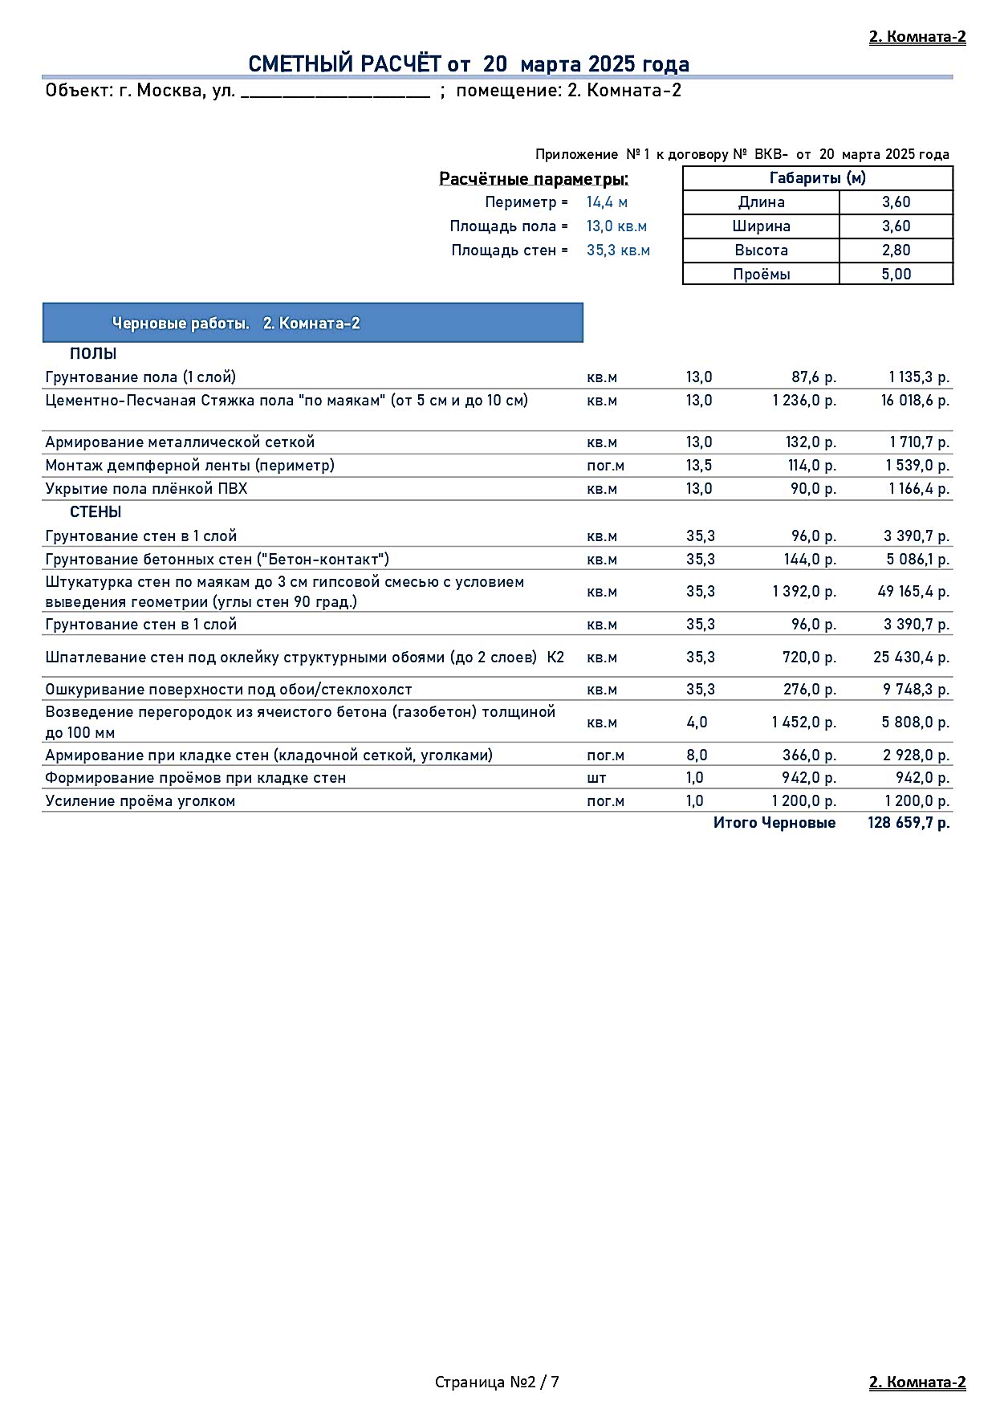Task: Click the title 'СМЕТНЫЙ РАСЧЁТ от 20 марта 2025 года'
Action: (469, 64)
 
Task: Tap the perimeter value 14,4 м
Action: (607, 202)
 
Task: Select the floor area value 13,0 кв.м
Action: (616, 226)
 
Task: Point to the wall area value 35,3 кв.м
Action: (618, 250)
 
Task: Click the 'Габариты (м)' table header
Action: (817, 178)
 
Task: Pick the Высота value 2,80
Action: (896, 250)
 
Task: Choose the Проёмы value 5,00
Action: (896, 275)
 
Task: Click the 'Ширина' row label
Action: (761, 226)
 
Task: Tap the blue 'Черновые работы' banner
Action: (313, 324)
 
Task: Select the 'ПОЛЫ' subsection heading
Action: (93, 354)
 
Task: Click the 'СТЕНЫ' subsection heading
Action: (96, 512)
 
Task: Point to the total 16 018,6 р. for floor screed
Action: (915, 401)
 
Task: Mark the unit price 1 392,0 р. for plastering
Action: (804, 592)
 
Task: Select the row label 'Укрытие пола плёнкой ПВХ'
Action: (146, 489)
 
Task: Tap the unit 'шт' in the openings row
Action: (596, 778)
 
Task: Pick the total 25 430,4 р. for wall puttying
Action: (911, 658)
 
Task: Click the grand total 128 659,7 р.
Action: (909, 823)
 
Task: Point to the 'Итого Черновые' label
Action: (774, 823)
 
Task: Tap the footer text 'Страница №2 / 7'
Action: (497, 1382)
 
